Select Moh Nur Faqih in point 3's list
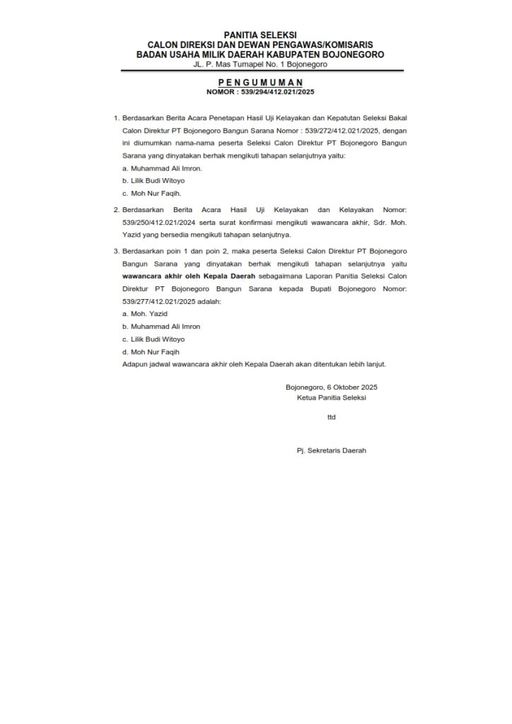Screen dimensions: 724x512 [x=155, y=351]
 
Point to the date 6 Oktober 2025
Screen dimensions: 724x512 [x=352, y=387]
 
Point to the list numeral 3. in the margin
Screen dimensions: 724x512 [x=116, y=251]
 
